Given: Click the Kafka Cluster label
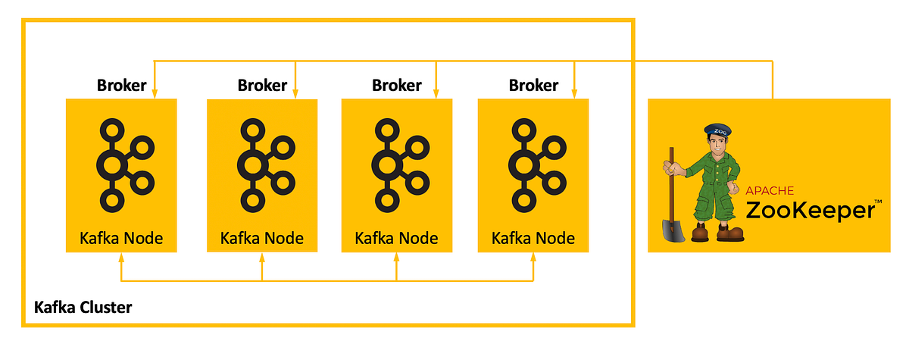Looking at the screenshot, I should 83,308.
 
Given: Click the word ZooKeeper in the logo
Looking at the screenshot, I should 809,210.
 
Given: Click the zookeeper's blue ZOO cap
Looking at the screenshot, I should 716,131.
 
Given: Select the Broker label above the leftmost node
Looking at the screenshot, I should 121,85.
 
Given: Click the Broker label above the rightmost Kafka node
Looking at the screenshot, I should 533,85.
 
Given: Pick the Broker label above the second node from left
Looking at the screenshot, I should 262,85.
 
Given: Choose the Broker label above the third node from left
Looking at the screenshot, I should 396,85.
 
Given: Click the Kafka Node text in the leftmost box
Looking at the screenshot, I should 121,238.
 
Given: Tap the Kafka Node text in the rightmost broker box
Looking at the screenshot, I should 533,238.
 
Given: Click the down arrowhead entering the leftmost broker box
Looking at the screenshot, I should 155,94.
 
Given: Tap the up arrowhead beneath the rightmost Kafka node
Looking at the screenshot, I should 533,258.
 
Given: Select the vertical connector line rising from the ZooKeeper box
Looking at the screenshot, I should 773,80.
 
